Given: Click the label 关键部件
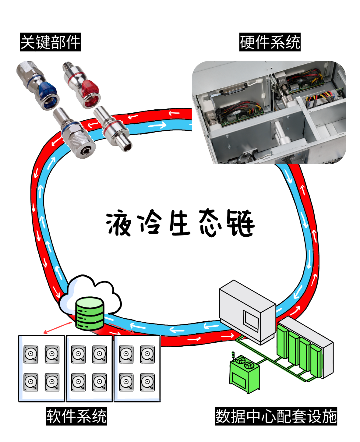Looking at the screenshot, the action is tap(50, 42).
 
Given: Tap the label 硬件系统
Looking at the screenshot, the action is tap(270, 42).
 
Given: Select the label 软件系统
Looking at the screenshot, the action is tap(76, 416).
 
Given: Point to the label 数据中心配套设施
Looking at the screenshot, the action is tap(276, 416).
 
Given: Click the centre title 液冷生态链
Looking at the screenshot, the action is tap(180, 223).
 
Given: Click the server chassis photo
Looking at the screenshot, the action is tap(269, 112).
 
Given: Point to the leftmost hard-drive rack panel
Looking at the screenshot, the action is tap(42, 368).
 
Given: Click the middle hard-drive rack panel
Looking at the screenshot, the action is tap(89, 368).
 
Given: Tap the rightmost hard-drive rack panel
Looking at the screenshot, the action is tap(137, 368).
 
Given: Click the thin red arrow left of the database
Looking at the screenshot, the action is tap(57, 328).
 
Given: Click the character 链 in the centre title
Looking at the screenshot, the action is tap(240, 223).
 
